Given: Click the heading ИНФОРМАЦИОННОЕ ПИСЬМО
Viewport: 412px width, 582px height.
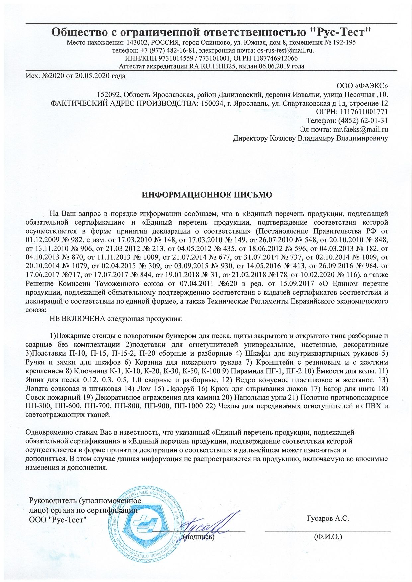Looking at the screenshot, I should tap(207, 195).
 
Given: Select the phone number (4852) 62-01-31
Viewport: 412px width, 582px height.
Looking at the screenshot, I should tap(363, 121).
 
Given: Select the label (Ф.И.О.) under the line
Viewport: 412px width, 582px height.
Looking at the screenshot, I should tap(328, 537).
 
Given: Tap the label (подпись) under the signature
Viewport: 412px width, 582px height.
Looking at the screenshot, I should tap(199, 536).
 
